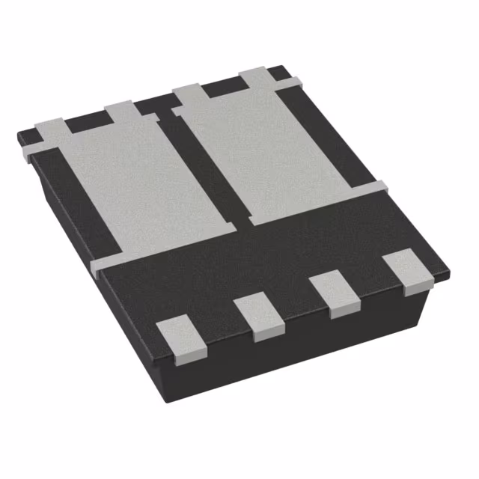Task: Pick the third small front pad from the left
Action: pyautogui.click(x=335, y=294)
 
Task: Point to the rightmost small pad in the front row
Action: pyautogui.click(x=408, y=273)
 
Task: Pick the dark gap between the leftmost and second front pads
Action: pyautogui.click(x=220, y=328)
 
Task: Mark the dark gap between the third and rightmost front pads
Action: pyautogui.click(x=371, y=285)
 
